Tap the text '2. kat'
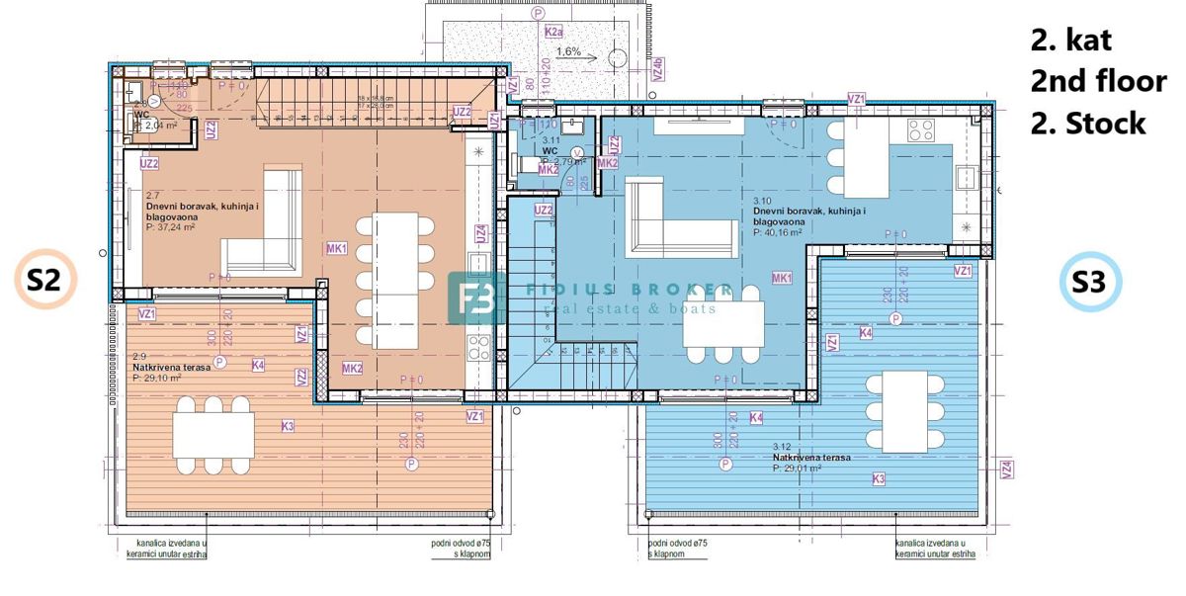tap(1070, 41)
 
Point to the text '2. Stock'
tap(1088, 123)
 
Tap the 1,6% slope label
tap(568, 51)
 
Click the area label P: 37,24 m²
tap(175, 226)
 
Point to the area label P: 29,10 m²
tap(157, 378)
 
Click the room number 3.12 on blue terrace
tap(783, 447)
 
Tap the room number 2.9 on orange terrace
tap(138, 356)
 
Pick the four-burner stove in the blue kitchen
tap(921, 130)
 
